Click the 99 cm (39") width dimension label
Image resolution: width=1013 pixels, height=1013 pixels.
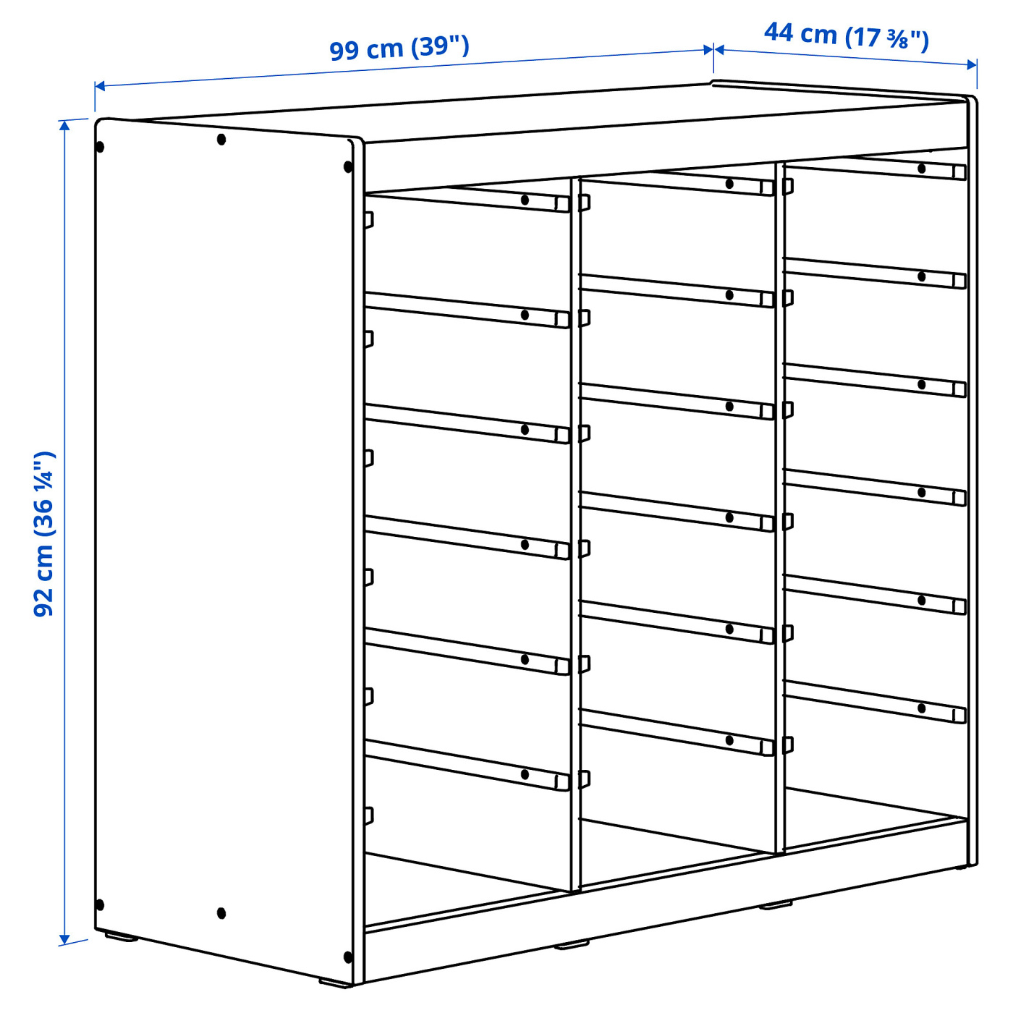[399, 48]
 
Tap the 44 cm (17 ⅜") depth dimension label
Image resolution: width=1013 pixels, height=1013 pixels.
[847, 35]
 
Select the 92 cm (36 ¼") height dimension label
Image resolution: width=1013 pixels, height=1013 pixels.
[43, 534]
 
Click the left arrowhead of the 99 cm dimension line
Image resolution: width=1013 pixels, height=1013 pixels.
[100, 85]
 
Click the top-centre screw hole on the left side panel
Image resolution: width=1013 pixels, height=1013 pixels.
[221, 140]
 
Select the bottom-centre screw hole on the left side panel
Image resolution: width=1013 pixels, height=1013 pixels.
[221, 913]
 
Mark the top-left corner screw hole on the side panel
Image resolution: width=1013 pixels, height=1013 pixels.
[100, 147]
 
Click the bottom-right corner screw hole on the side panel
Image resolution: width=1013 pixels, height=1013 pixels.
[347, 972]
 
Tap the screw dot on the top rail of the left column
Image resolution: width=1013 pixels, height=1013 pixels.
[524, 200]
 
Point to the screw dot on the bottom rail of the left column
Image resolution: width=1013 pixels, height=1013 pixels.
[524, 773]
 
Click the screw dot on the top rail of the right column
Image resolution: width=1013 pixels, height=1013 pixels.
[922, 169]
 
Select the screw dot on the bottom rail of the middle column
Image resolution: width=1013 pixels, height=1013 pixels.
[729, 740]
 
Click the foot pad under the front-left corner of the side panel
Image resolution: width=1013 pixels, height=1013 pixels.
[121, 936]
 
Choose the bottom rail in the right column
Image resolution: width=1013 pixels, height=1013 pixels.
[875, 702]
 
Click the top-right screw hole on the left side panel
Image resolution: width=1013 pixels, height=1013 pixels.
[347, 167]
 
